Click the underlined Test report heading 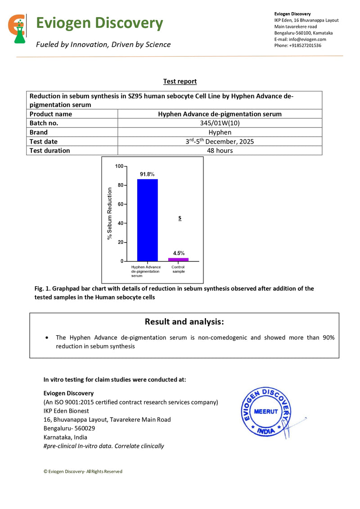pyautogui.click(x=180, y=81)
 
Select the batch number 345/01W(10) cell pyautogui.click(x=220, y=123)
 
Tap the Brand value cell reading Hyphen pyautogui.click(x=220, y=132)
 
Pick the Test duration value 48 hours pyautogui.click(x=220, y=151)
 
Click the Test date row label pyautogui.click(x=44, y=142)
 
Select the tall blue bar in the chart pyautogui.click(x=147, y=220)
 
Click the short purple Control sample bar pyautogui.click(x=178, y=259)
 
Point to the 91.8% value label pyautogui.click(x=147, y=174)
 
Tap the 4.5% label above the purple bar pyautogui.click(x=179, y=253)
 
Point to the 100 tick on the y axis pyautogui.click(x=119, y=166)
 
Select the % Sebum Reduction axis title pyautogui.click(x=110, y=213)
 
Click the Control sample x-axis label pyautogui.click(x=178, y=269)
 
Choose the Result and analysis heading pyautogui.click(x=184, y=322)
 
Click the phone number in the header pyautogui.click(x=297, y=45)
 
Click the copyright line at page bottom pyautogui.click(x=83, y=471)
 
